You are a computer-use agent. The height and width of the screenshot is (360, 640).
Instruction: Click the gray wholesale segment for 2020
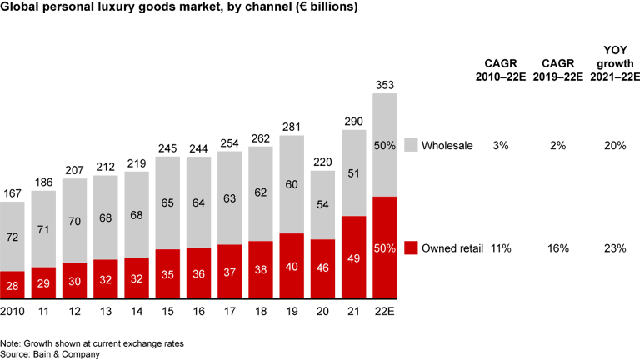pos(323,205)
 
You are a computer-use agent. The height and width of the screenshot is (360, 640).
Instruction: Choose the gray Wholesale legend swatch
pos(409,145)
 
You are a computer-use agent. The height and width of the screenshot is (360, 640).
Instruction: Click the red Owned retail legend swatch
pos(409,247)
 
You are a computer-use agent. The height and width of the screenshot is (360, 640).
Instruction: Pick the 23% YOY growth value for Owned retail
pos(615,247)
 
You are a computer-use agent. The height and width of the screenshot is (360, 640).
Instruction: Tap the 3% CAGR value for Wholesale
pos(502,145)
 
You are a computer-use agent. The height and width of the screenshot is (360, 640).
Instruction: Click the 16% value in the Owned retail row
pos(557,247)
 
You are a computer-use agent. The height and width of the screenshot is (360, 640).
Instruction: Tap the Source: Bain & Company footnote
pos(49,353)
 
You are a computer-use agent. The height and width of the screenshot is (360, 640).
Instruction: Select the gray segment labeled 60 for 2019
pos(292,184)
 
